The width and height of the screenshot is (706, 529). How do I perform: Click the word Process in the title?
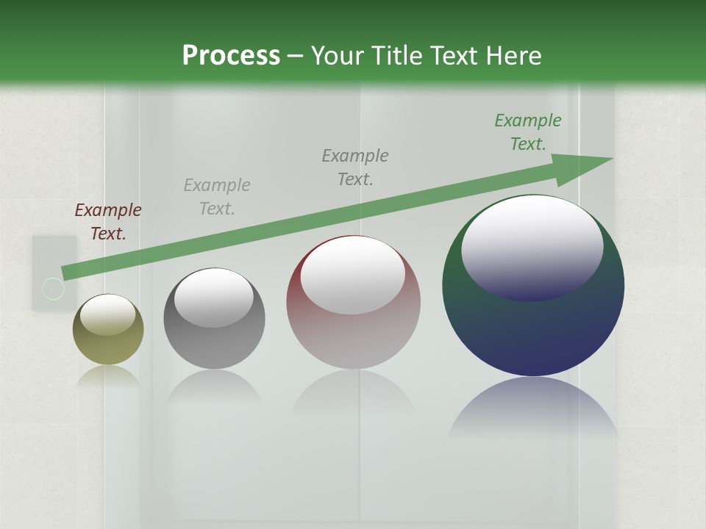point(231,56)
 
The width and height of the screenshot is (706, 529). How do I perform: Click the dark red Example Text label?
point(108,222)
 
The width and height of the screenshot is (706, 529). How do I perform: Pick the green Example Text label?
point(528,132)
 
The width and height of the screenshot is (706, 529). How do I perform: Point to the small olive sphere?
point(108,345)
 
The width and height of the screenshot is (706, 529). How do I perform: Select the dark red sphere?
point(353,338)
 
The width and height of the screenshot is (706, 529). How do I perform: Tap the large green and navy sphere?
point(533,331)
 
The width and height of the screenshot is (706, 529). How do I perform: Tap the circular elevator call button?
point(53,289)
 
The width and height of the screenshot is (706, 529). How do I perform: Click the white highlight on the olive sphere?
point(108,314)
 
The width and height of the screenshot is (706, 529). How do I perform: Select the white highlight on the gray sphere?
point(214,298)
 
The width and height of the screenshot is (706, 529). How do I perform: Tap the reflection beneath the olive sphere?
point(108,377)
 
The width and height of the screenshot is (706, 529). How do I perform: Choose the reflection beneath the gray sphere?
point(214,386)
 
